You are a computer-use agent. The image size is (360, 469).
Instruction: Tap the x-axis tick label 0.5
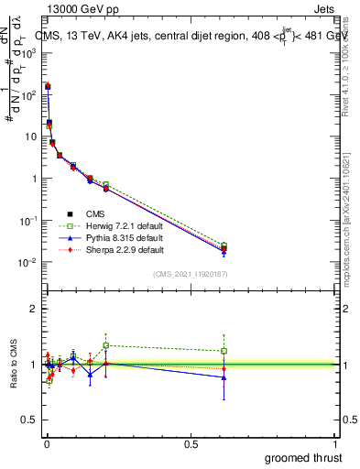(x=191, y=444)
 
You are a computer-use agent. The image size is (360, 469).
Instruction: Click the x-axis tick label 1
(x=336, y=444)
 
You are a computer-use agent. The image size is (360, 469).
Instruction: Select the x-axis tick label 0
(x=46, y=444)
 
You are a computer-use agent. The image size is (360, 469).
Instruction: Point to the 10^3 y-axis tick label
(x=29, y=53)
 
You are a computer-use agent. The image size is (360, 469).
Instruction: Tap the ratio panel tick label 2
(x=34, y=309)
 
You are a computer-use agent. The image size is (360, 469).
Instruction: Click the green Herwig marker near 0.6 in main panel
(x=224, y=245)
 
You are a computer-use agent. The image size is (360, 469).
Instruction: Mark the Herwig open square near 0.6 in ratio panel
(x=224, y=351)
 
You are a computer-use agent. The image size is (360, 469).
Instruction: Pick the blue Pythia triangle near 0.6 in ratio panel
(x=224, y=377)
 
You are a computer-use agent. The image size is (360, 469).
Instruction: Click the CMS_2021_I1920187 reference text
(x=191, y=274)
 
